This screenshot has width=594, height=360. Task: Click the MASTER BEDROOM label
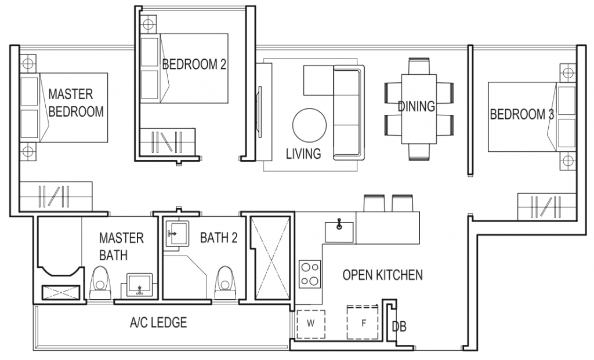76,103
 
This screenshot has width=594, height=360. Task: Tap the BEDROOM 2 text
194,64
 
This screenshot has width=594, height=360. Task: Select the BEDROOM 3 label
522,114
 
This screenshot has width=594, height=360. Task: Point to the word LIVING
303,154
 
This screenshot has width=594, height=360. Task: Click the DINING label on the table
416,107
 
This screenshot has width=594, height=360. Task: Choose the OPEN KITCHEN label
382,275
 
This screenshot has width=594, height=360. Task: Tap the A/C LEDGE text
158,323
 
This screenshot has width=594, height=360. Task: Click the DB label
399,327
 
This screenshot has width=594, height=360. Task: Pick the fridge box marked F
363,323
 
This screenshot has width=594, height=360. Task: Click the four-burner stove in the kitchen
310,274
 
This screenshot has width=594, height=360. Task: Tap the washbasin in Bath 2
175,234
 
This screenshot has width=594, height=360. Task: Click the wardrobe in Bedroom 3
539,207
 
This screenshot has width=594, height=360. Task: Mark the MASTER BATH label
121,246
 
